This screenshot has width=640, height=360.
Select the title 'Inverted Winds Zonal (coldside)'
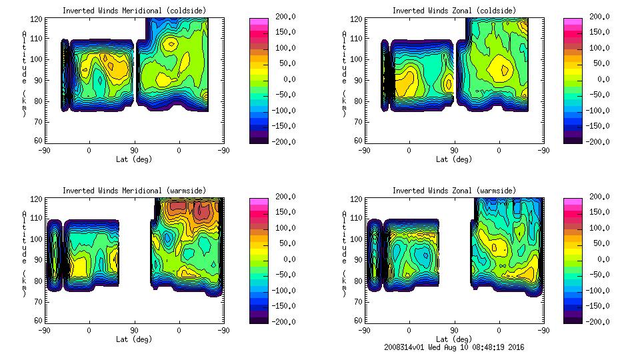(x=454, y=11)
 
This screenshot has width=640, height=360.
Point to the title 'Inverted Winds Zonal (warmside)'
(x=454, y=191)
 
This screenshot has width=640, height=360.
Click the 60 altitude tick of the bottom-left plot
(x=40, y=321)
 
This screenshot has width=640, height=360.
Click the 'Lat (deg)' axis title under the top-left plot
(x=133, y=160)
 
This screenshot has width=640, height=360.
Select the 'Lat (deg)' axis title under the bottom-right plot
(x=454, y=339)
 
